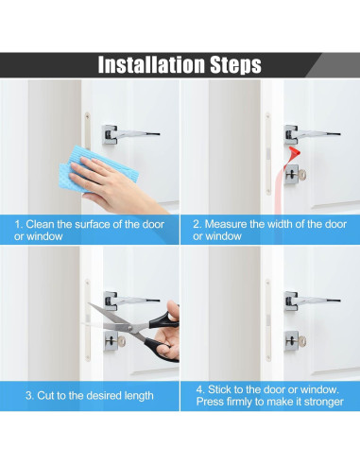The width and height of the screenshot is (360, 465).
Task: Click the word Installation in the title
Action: point(152,64)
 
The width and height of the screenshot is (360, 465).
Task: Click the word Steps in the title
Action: point(236,65)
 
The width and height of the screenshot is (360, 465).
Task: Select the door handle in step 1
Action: point(130,134)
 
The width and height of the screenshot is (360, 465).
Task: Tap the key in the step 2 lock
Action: point(300,175)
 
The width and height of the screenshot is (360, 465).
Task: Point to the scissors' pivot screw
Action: point(130,329)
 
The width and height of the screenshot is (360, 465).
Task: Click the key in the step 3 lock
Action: point(121,341)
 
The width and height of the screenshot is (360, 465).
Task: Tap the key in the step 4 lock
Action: point(300,341)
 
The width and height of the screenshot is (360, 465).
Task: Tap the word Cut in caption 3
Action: point(44,395)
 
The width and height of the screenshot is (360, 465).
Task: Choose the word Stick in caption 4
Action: point(219,389)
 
